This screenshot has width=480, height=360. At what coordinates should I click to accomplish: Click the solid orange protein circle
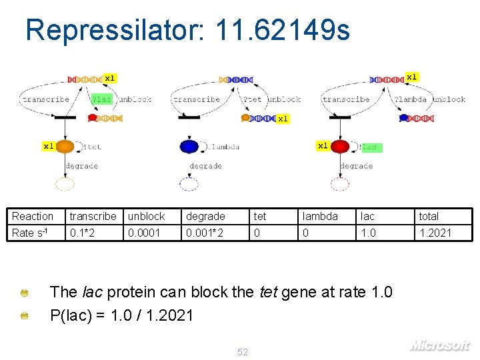pyautogui.click(x=65, y=146)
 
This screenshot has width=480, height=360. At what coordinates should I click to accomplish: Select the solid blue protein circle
pyautogui.click(x=189, y=147)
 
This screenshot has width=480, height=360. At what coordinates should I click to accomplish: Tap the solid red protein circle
pyautogui.click(x=340, y=147)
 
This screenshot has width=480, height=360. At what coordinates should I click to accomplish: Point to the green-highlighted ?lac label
pyautogui.click(x=102, y=99)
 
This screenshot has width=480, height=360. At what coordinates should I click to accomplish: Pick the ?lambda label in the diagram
pyautogui.click(x=411, y=99)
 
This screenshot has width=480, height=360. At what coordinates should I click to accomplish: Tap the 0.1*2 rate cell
pyautogui.click(x=81, y=233)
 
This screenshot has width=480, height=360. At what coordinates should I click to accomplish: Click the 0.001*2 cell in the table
pyautogui.click(x=205, y=233)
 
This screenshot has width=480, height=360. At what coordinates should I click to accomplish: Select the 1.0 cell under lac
pyautogui.click(x=368, y=233)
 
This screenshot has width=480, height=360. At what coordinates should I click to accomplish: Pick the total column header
pyautogui.click(x=429, y=216)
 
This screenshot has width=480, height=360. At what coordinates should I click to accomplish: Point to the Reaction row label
pyautogui.click(x=32, y=216)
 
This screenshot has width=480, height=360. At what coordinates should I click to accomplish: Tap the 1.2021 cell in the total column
pyautogui.click(x=435, y=233)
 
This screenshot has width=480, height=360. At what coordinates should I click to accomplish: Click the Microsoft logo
pyautogui.click(x=440, y=345)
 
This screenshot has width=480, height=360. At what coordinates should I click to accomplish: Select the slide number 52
pyautogui.click(x=243, y=352)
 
